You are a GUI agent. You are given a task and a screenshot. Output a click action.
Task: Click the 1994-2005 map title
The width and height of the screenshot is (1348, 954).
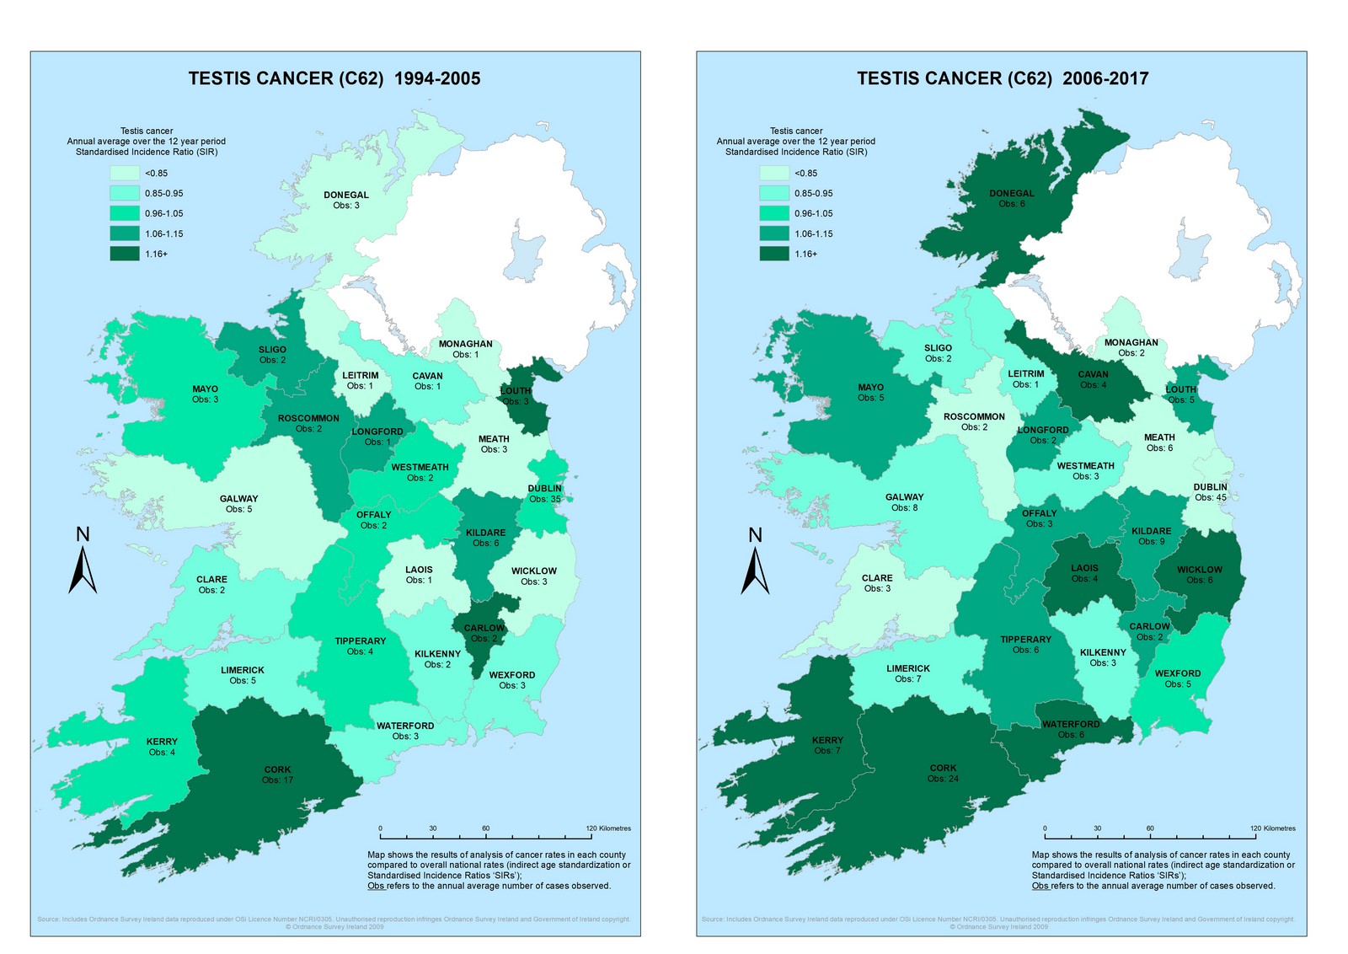[334, 78]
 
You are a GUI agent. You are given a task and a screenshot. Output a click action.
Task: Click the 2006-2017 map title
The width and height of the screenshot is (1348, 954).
[1003, 78]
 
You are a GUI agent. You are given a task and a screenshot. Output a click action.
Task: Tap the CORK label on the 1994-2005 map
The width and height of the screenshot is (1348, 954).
[277, 769]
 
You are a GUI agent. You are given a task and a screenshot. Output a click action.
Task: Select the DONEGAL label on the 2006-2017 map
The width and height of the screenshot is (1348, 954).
[1012, 193]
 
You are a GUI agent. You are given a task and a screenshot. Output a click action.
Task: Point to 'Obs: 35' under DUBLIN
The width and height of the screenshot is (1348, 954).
[545, 499]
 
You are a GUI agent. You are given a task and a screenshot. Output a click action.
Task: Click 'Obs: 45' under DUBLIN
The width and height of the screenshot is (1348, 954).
[1211, 497]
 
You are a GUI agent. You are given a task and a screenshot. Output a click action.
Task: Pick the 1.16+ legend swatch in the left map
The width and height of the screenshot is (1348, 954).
[124, 254]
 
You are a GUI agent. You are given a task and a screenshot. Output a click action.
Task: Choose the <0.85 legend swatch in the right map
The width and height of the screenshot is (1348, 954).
[774, 173]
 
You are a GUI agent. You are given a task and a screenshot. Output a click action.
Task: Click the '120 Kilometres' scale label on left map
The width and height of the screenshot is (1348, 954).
[608, 828]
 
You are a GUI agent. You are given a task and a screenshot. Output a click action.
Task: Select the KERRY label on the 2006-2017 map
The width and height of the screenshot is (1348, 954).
[827, 740]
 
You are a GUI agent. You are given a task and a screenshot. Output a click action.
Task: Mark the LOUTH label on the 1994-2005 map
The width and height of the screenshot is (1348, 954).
[516, 390]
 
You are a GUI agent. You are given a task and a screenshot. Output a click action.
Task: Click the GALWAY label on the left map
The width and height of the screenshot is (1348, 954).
[239, 498]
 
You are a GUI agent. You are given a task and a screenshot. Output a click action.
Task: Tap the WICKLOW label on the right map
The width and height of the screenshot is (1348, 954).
[1200, 570]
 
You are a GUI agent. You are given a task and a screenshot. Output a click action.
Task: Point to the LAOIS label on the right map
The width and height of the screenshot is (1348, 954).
[1084, 568]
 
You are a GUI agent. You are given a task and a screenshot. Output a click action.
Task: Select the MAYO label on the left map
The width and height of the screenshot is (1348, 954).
[205, 389]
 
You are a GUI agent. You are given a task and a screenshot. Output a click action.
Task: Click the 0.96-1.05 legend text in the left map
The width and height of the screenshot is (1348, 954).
[163, 213]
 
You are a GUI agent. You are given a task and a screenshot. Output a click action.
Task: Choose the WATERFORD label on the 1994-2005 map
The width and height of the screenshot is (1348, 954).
[405, 726]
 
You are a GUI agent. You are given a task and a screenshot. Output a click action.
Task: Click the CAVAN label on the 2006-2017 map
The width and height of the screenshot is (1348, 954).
[1094, 374]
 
